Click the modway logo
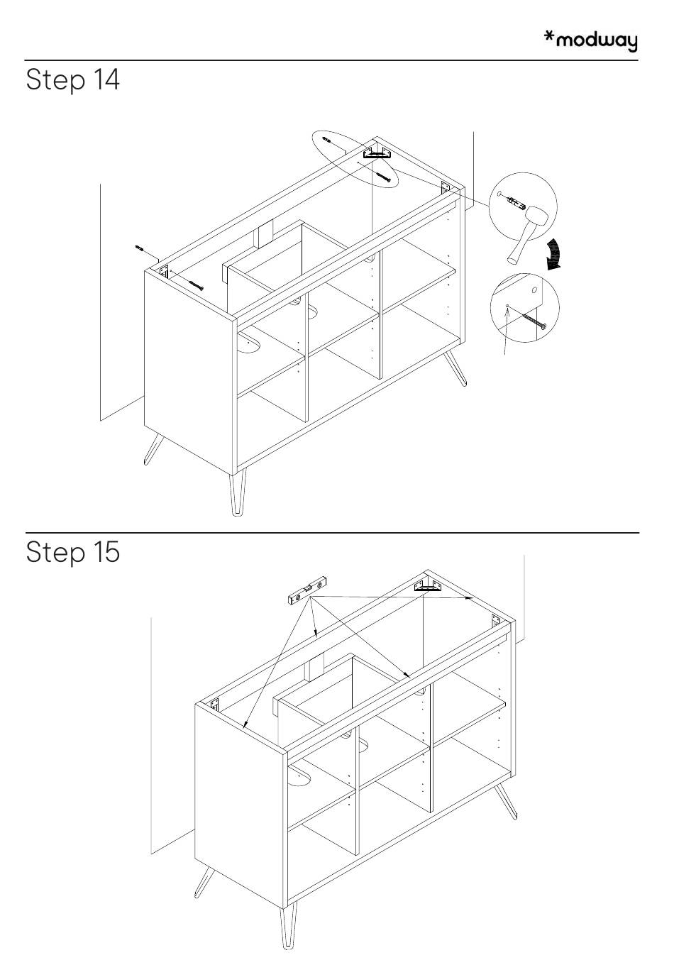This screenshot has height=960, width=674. click(590, 40)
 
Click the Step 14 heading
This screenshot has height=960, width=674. click(73, 80)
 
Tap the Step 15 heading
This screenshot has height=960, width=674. click(73, 553)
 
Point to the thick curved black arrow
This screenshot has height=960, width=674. click(557, 254)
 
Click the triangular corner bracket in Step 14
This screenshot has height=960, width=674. click(377, 152)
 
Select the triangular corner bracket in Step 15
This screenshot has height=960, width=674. click(428, 585)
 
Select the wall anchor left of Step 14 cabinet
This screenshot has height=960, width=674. click(140, 248)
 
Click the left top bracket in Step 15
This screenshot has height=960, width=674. click(214, 705)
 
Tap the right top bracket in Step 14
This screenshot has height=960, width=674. click(446, 188)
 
